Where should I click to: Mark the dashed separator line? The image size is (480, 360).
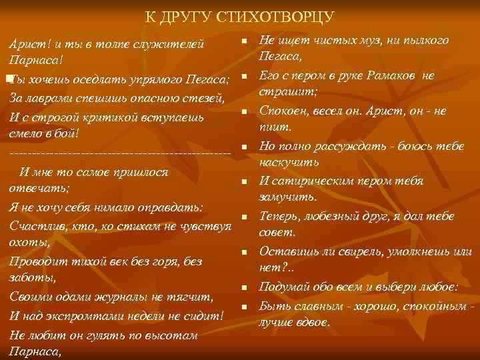[x=120, y=155]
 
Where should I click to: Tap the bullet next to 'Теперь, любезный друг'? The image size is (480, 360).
[x=245, y=217]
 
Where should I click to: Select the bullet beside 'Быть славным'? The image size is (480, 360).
[x=245, y=307]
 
